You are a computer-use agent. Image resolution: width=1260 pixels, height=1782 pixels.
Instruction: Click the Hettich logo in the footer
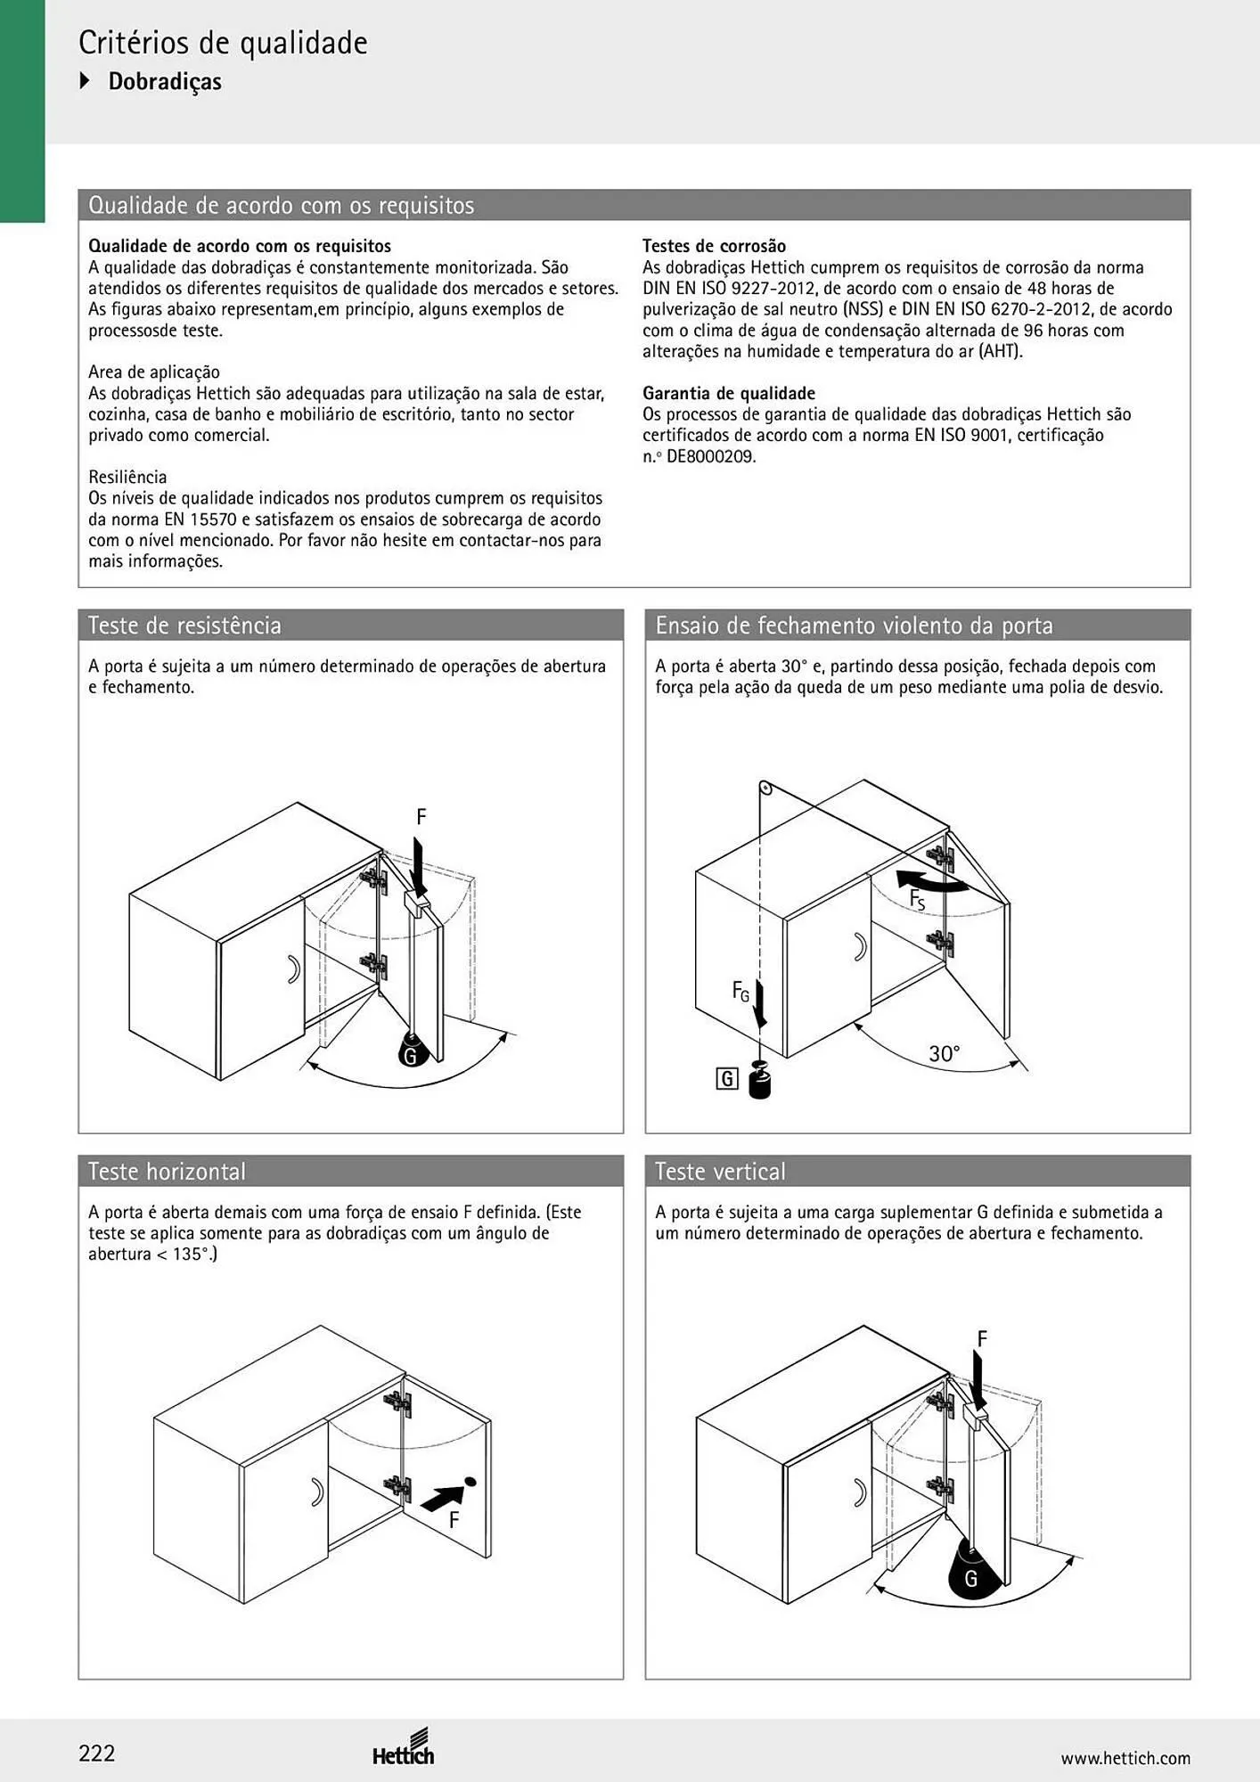click(x=404, y=1747)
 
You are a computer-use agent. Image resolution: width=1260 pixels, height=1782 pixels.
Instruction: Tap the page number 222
click(x=97, y=1753)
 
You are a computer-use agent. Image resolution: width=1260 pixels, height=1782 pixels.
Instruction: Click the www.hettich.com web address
click(x=1125, y=1758)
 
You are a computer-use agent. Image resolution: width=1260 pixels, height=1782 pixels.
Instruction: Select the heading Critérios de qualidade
click(x=223, y=43)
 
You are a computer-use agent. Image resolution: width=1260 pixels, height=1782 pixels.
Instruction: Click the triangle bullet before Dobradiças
click(x=86, y=81)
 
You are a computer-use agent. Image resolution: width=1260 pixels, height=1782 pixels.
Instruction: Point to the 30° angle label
click(x=945, y=1054)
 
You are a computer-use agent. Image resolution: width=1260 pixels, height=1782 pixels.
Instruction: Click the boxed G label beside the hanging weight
click(x=727, y=1080)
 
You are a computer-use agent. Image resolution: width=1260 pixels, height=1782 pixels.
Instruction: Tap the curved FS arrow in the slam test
click(x=932, y=881)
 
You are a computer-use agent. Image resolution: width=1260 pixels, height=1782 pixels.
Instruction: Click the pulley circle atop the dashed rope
click(x=764, y=789)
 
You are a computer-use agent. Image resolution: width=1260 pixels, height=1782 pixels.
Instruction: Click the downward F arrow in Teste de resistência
click(x=420, y=862)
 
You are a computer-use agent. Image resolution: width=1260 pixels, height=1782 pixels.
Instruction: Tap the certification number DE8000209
click(x=711, y=456)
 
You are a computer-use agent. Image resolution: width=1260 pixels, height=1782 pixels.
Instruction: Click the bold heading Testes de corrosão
click(x=715, y=246)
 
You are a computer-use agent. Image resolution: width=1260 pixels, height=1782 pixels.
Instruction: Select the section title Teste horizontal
click(x=167, y=1171)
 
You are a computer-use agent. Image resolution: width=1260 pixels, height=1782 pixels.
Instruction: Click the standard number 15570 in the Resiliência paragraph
click(x=217, y=519)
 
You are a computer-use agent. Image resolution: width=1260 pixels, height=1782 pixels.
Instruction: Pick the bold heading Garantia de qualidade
click(x=729, y=393)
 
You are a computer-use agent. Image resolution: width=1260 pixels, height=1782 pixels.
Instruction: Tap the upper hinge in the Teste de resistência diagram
click(x=374, y=880)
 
